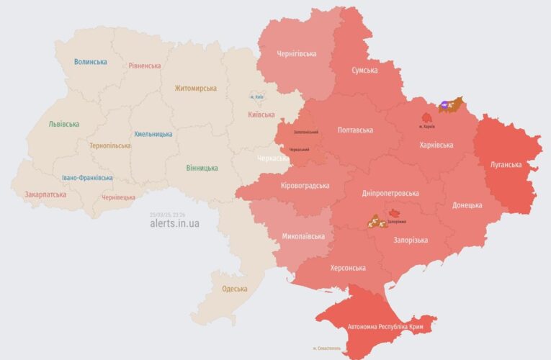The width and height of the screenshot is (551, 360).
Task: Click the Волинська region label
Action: [90, 62]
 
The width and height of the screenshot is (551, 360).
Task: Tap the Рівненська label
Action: [145, 66]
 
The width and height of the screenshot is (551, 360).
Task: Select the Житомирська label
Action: [195, 89]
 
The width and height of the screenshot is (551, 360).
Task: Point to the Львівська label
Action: [63, 124]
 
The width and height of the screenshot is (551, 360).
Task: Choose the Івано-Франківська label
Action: [86, 178]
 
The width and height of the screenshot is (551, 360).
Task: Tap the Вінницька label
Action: [202, 168]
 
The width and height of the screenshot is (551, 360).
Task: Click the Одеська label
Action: [234, 289]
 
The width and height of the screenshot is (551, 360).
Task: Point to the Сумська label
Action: [364, 71]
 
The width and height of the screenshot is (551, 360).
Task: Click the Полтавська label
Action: [355, 130]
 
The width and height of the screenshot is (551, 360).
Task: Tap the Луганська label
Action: [506, 164]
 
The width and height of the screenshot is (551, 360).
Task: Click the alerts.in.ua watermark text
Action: [175, 223]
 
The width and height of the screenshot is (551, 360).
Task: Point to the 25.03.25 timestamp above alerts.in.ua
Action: [167, 214]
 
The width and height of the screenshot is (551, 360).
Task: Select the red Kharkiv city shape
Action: [427, 117]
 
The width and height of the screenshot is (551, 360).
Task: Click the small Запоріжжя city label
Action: [398, 222]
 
